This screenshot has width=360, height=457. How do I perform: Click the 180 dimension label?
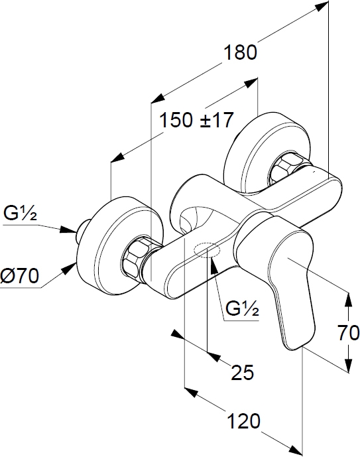click(240, 52)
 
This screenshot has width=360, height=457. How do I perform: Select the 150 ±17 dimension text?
click(197, 120)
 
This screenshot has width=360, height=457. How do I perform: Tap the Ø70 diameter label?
click(19, 275)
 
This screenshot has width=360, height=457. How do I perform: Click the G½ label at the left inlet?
click(20, 214)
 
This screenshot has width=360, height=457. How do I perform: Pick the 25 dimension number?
click(243, 372)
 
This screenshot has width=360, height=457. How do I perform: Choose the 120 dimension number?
click(243, 421)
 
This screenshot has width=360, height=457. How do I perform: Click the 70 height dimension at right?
click(349, 333)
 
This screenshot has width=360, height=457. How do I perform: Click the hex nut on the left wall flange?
click(137, 256)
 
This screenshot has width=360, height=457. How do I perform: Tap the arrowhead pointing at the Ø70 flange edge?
click(69, 267)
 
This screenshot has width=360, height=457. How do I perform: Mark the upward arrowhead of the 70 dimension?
click(348, 298)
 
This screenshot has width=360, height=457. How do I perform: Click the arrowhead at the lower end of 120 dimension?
click(296, 451)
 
